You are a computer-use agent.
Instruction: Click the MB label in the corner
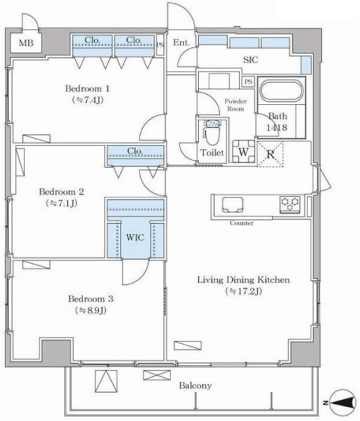(26, 43)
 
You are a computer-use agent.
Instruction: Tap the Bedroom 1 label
(88, 88)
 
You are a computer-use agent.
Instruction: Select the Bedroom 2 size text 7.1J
(61, 203)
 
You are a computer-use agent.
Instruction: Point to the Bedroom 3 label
(91, 299)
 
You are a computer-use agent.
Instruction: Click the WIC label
(135, 237)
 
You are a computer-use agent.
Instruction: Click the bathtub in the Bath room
(282, 91)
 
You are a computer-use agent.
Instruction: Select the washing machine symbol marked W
(244, 152)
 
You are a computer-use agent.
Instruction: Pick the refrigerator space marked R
(270, 155)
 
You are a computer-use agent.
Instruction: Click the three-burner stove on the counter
(290, 204)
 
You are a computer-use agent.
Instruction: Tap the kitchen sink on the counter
(232, 205)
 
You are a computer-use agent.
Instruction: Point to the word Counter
(242, 223)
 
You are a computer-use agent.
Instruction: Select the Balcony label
(195, 385)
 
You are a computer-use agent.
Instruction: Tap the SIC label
(250, 60)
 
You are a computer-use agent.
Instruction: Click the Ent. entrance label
(181, 42)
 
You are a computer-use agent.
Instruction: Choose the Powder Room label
(236, 105)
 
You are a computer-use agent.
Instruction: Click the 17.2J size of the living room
(244, 291)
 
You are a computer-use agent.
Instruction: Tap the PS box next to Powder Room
(248, 82)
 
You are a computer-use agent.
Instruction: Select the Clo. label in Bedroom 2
(135, 151)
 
